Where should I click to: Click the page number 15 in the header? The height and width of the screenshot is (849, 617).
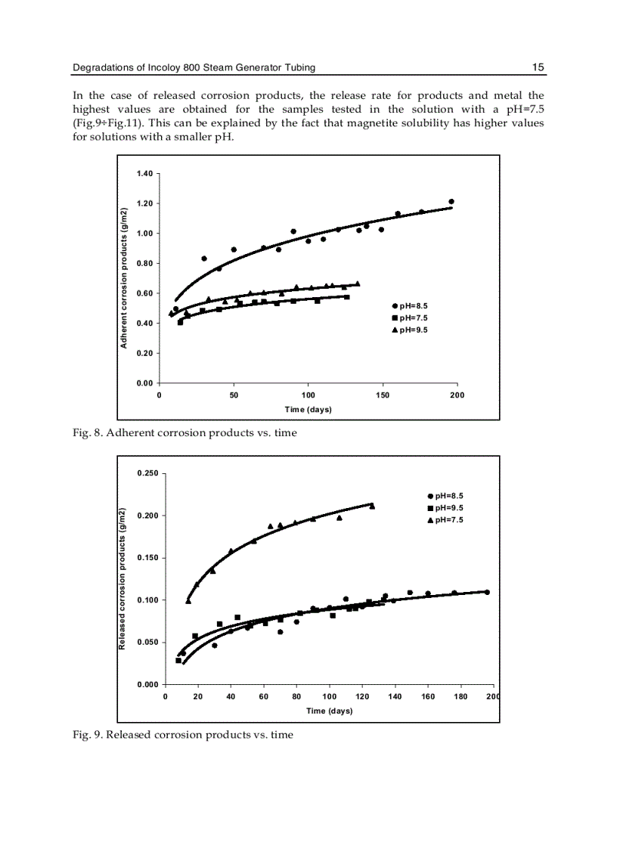pos(538,67)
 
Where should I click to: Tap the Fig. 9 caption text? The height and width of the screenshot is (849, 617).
pos(182,734)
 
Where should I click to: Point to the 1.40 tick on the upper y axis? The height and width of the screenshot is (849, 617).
pos(145,174)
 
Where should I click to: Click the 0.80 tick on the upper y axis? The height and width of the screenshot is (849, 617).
pos(145,263)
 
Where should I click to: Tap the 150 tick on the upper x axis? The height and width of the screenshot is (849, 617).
pos(383,395)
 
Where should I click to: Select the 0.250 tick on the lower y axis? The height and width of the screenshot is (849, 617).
pos(148,473)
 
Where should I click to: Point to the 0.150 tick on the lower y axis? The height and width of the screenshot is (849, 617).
pos(148,558)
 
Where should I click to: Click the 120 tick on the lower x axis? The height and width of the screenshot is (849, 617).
pos(362,696)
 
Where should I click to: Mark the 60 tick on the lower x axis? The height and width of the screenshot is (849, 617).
pos(264,696)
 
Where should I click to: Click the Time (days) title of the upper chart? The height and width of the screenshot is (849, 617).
pos(308,410)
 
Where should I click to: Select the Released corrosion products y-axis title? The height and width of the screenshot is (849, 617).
pos(122,578)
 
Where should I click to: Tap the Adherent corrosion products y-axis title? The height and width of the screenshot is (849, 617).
pos(122,277)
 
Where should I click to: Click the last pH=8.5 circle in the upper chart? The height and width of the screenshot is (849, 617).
pos(451,202)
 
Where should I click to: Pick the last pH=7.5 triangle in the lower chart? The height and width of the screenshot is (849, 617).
pos(372,507)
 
